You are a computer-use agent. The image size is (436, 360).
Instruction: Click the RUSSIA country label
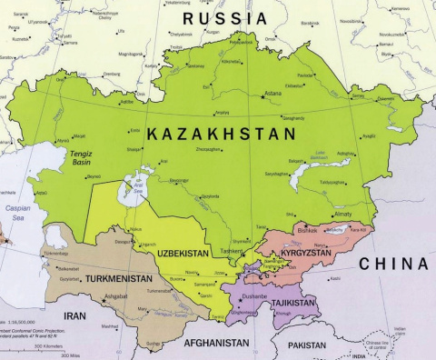[225, 18]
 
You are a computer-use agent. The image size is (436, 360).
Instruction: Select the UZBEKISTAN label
[183, 252]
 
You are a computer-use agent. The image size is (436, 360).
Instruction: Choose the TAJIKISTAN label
[291, 300]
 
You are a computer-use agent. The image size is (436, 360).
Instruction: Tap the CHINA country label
[392, 264]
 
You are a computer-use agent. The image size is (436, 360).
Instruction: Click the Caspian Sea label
[16, 213]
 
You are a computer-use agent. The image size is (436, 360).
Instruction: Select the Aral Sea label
[139, 189]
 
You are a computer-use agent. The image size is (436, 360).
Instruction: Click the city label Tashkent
[232, 250]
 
